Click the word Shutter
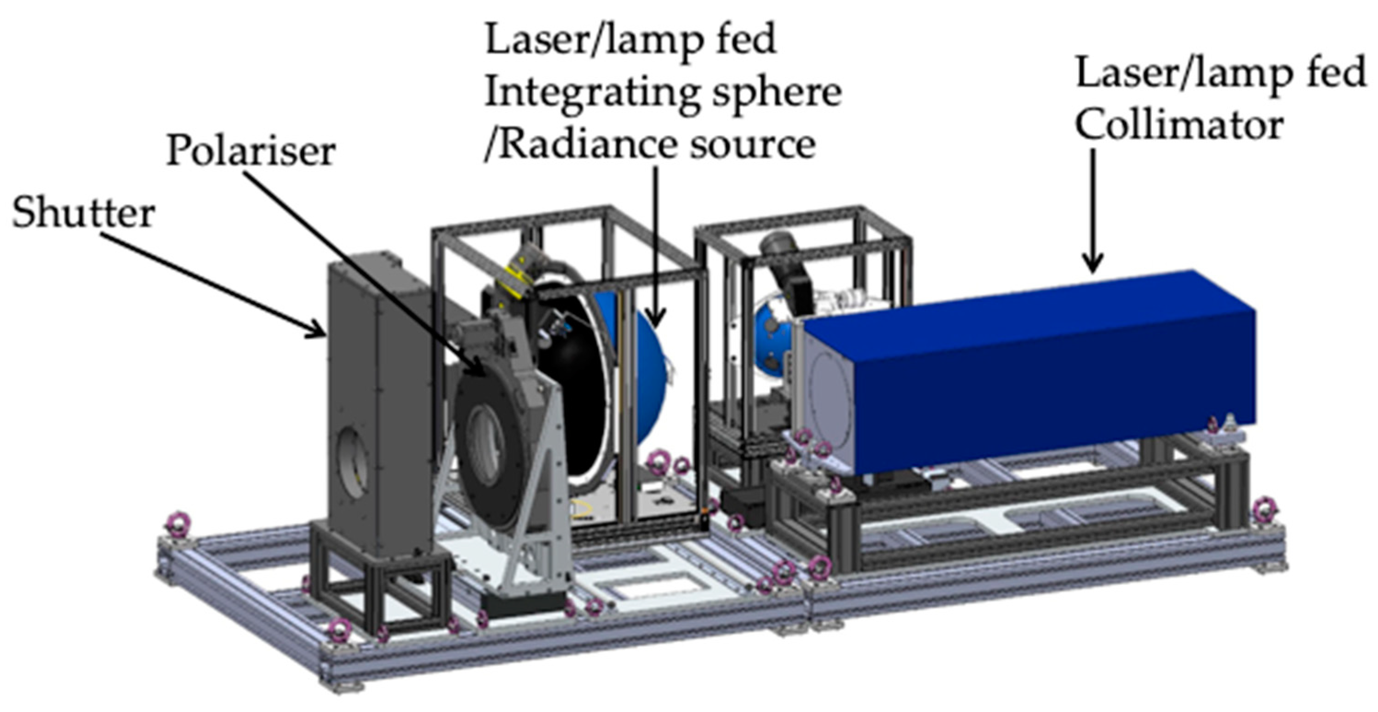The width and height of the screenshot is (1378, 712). coord(83,213)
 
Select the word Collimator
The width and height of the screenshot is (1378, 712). coord(1179,126)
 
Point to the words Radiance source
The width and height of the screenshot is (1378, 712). coord(658,145)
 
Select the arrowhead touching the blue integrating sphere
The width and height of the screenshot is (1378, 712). coord(656,319)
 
